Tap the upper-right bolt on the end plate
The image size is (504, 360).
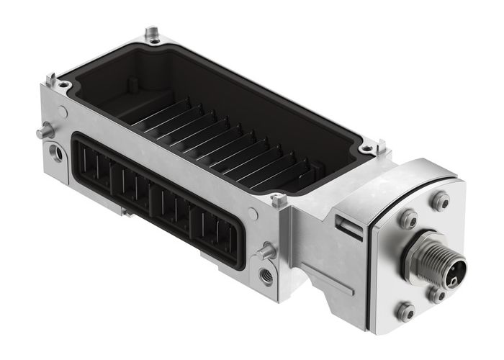click(440, 201)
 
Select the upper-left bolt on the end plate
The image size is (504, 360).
click(408, 218)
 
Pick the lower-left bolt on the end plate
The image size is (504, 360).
click(405, 311)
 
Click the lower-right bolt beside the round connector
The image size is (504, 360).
click(436, 294)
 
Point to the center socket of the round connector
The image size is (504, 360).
click(454, 271)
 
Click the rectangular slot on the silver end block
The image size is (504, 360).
click(351, 228)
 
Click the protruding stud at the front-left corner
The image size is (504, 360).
click(45, 132)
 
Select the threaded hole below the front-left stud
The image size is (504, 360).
click(55, 153)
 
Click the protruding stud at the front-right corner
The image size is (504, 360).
click(268, 251)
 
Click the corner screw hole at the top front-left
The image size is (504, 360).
click(63, 85)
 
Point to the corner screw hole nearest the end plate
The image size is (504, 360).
click(368, 148)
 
